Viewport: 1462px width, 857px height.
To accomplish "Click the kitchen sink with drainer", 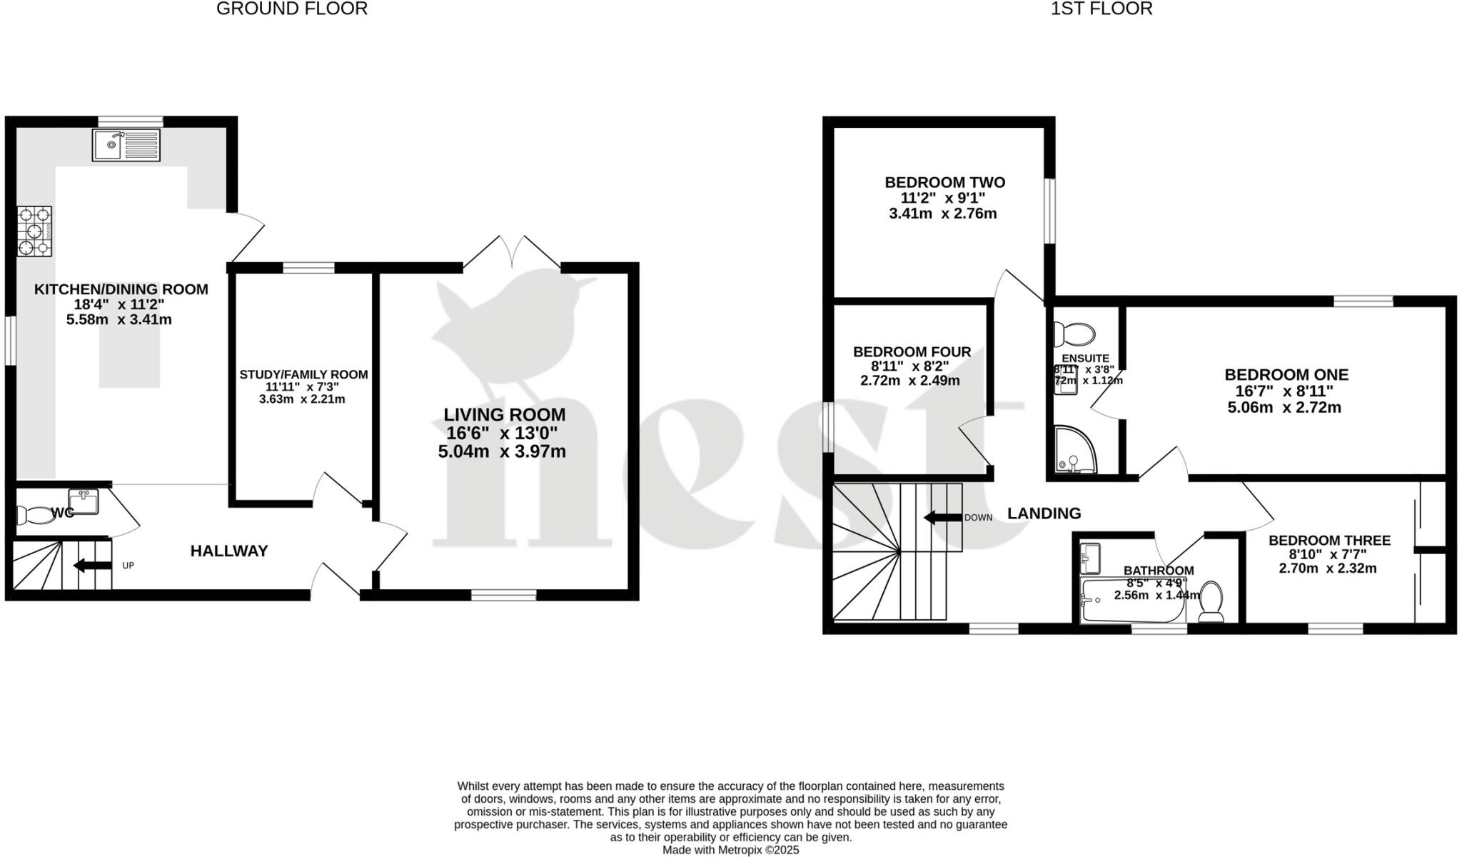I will point(126,145).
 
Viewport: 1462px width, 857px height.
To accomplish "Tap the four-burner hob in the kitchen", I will point(34,231).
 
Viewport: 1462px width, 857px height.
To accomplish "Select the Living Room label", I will point(504,415).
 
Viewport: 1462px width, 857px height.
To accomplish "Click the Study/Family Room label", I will point(303,375).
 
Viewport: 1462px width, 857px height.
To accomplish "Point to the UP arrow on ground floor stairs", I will point(92,566).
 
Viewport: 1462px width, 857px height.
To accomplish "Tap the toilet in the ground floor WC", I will point(32,514).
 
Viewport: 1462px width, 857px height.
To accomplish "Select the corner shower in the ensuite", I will point(1074,450).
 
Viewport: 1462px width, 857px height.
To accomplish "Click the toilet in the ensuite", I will point(1075,334).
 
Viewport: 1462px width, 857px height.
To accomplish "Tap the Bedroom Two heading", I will point(944,183).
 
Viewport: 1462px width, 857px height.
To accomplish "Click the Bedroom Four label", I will point(912,352).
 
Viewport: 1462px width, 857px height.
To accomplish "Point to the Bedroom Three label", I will point(1329,541).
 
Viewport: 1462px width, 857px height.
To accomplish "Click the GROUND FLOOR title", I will point(292,9).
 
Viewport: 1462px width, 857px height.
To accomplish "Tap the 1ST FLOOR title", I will point(1101,9).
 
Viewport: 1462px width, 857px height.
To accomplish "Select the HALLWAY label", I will point(229,551).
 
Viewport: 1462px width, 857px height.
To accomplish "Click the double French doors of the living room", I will point(513,253).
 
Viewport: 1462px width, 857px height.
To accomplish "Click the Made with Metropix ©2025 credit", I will point(730,850).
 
